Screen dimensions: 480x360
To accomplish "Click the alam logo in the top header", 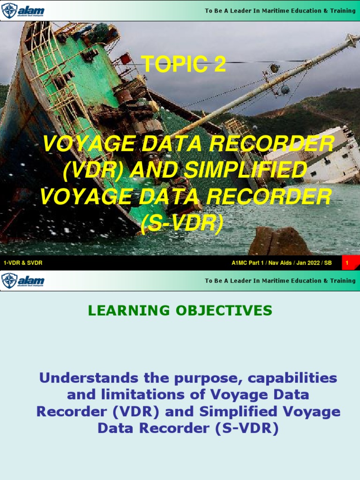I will coord(23,10).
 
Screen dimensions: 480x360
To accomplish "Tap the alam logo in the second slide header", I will coord(23,280).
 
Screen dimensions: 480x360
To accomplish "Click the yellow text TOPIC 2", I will coord(183,64).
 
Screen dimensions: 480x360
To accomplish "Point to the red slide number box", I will coord(347,263).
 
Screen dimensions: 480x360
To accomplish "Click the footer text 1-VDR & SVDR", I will coord(23,263).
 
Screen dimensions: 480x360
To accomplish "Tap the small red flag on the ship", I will coord(125,59).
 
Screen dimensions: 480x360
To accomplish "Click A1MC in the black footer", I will coord(240,263).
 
